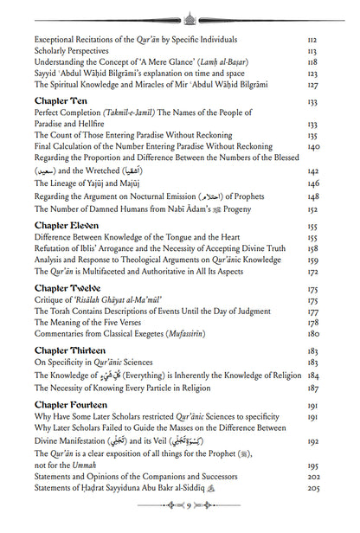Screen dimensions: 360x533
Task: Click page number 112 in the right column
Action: (x=312, y=40)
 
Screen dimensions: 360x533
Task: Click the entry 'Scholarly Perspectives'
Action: (x=75, y=52)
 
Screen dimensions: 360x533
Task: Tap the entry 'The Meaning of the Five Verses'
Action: (x=90, y=323)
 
